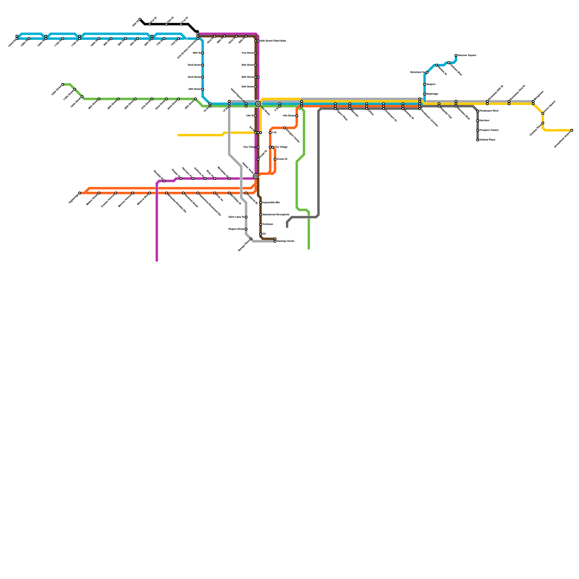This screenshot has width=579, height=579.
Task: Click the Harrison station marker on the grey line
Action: [x=478, y=121]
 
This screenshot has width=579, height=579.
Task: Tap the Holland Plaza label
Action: [x=487, y=140]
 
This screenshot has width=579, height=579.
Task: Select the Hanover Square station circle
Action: [x=456, y=55]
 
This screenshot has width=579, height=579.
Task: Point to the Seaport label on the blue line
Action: [x=431, y=84]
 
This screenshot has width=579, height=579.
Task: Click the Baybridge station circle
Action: [x=424, y=94]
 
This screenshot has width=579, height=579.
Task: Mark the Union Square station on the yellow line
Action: [x=543, y=113]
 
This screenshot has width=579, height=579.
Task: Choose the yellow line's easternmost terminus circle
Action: [x=572, y=130]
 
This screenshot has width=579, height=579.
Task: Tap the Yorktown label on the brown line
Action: [x=267, y=224]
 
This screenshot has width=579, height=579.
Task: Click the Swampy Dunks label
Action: [x=285, y=241]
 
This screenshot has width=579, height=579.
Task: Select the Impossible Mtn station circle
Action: [x=261, y=203]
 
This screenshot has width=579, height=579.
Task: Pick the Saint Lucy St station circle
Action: [x=246, y=217]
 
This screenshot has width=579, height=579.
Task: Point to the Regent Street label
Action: [x=236, y=229]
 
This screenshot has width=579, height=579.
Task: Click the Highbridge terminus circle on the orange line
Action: [x=80, y=193]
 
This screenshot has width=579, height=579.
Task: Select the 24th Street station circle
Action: [x=255, y=87]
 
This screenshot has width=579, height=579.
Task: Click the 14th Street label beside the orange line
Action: [x=288, y=116]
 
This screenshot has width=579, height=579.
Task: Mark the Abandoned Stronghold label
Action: [x=275, y=215]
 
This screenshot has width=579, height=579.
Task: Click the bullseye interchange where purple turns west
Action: [x=255, y=176]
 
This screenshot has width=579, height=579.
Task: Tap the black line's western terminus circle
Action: [x=140, y=19]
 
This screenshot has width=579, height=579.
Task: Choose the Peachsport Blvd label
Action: [x=489, y=111]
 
